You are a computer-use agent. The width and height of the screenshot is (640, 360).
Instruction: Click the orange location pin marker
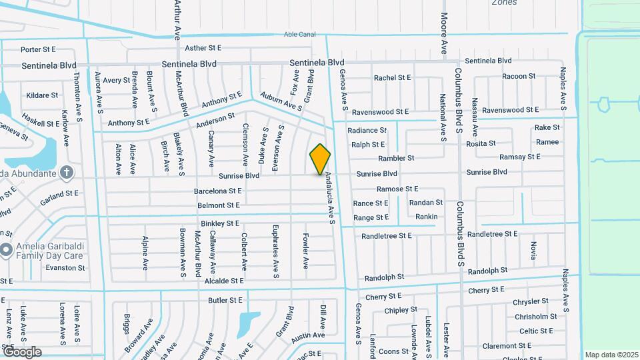tap(320, 159)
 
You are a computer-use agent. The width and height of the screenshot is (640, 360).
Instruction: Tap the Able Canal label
tap(299, 34)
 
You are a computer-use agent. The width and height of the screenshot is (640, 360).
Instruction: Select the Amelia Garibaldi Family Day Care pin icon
tap(7, 251)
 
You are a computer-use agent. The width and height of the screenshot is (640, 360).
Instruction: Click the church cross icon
tap(66, 173)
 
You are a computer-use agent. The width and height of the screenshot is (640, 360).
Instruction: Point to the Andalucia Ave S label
tap(329, 198)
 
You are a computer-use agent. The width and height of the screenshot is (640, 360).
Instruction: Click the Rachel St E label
tap(392, 77)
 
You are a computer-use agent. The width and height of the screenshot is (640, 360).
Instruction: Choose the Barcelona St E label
tap(217, 191)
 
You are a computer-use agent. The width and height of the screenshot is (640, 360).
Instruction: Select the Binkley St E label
tap(219, 223)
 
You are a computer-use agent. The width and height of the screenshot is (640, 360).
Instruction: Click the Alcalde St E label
tap(223, 281)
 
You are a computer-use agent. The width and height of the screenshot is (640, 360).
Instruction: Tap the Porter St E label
tap(38, 49)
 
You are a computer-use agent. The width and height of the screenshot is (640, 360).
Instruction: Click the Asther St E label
tap(203, 48)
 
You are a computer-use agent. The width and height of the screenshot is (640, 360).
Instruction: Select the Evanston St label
tap(65, 268)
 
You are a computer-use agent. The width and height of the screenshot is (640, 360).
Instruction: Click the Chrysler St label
tap(530, 302)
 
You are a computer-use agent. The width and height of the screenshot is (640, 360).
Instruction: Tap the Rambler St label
tap(396, 159)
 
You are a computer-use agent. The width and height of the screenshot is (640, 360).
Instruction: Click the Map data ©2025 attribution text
tap(611, 355)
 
